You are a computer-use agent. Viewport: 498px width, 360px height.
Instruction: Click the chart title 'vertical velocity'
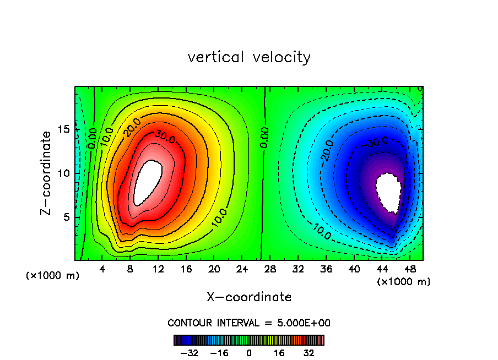point(249,57)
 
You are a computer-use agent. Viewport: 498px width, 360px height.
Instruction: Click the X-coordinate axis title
point(249,297)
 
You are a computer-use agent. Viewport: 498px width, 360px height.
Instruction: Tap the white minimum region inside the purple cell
point(389,192)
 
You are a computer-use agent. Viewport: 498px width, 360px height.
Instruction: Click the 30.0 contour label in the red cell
point(165,137)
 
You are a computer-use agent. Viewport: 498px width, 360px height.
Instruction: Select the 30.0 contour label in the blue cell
point(377,142)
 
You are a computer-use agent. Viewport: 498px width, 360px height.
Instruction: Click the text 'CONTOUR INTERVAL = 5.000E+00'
point(249,323)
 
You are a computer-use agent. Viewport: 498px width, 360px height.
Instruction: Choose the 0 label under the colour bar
point(249,353)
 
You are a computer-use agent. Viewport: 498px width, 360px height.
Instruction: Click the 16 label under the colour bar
point(279,353)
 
